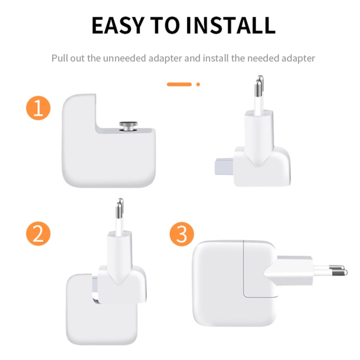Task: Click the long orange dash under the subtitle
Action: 179,84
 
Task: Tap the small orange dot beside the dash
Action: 198,84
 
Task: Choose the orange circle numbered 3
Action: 181,234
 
